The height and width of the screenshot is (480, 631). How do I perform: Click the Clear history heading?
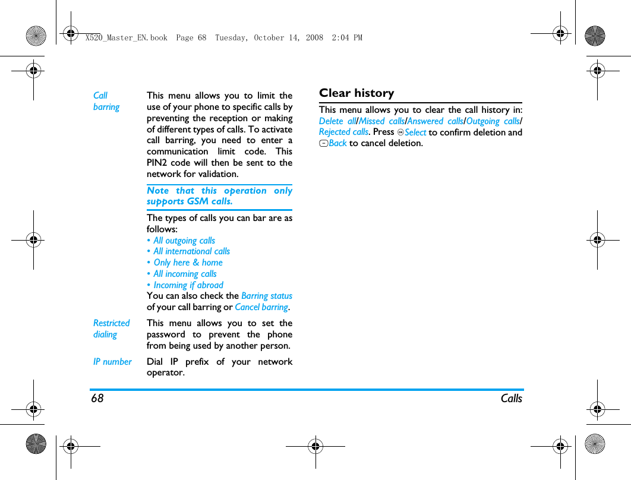pyautogui.click(x=356, y=93)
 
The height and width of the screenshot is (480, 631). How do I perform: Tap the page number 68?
pyautogui.click(x=97, y=399)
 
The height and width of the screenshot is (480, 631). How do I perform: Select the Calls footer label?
pyautogui.click(x=511, y=399)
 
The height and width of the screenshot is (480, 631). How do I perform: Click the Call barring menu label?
pyautogui.click(x=106, y=101)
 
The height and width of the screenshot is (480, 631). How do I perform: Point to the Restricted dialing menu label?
pyautogui.click(x=111, y=329)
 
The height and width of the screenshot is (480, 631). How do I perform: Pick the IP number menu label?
pyautogui.click(x=112, y=362)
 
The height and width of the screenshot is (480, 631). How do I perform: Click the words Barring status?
pyautogui.click(x=267, y=296)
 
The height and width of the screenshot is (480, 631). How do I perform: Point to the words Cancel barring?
pyautogui.click(x=261, y=307)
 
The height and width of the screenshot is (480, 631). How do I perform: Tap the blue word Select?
pyautogui.click(x=415, y=132)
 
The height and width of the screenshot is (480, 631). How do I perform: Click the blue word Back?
pyautogui.click(x=337, y=143)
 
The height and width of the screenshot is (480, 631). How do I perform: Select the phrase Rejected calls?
pyautogui.click(x=343, y=132)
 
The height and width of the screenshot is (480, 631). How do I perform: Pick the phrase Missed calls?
pyautogui.click(x=381, y=121)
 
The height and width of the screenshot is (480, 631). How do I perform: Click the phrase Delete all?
pyautogui.click(x=337, y=121)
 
